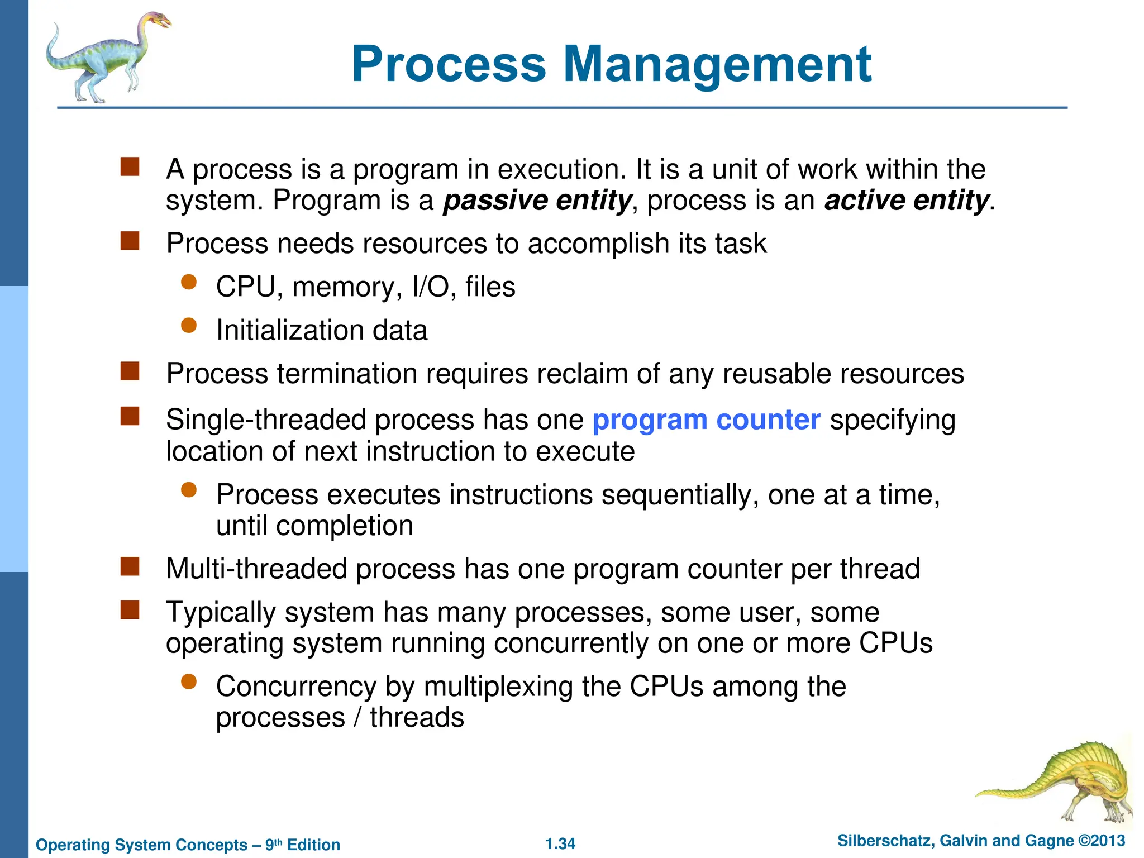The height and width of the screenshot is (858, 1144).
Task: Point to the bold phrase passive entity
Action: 537,201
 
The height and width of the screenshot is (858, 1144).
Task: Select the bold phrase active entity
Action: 907,201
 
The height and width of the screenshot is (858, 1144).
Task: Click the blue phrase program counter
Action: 706,420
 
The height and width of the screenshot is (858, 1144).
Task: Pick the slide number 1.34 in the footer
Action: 560,843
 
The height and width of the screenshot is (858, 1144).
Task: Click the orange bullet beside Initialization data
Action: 189,325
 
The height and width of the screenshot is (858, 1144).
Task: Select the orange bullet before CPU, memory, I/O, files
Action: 189,282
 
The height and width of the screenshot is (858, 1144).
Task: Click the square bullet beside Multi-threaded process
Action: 130,566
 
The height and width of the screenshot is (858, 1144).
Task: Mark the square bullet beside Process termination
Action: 130,371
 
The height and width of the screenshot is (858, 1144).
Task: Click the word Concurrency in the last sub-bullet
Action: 296,687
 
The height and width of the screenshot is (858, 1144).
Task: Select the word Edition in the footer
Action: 313,845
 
